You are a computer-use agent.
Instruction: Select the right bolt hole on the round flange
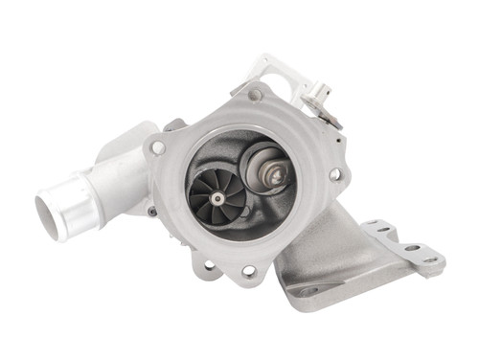[334, 175]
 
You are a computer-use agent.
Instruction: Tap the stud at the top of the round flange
[255, 95]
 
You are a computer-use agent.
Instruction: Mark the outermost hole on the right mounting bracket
[429, 259]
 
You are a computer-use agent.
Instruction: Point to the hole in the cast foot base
[308, 290]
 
